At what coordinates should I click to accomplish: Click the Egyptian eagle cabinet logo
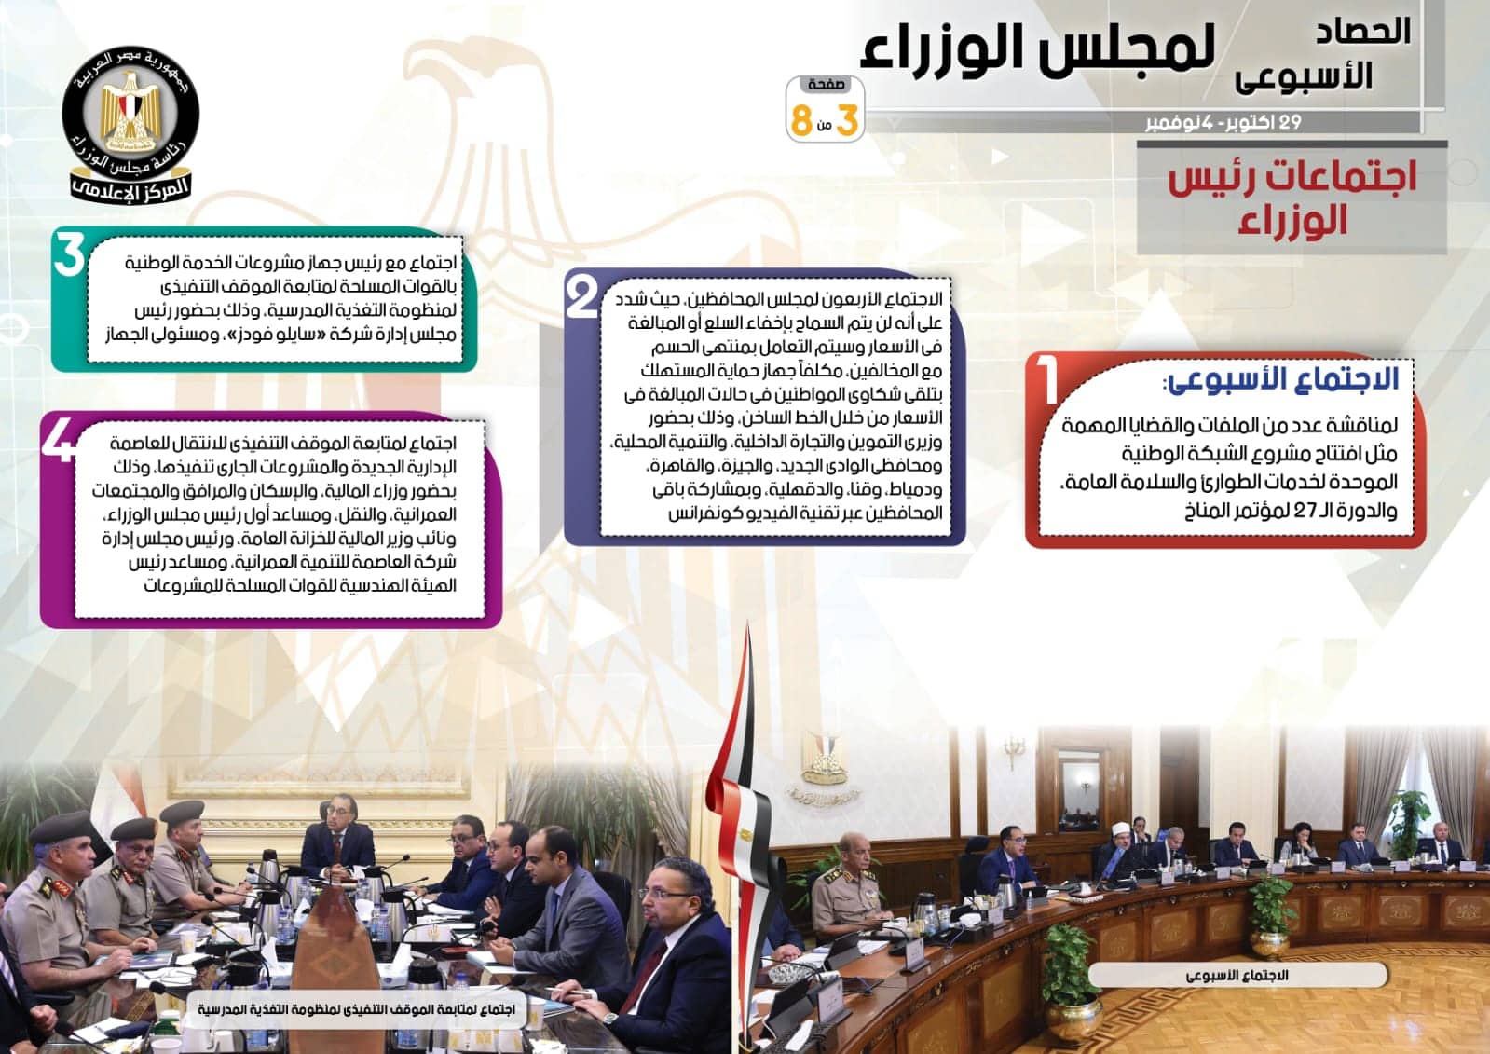[x=131, y=124]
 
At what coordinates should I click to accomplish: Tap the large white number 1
[x=1047, y=380]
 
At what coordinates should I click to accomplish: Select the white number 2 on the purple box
[x=581, y=297]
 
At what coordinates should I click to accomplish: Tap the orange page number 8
[x=801, y=120]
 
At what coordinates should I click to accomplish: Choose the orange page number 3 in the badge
[x=847, y=120]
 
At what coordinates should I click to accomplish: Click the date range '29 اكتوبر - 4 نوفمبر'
[x=1223, y=123]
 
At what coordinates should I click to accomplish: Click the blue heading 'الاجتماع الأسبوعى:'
[x=1279, y=379]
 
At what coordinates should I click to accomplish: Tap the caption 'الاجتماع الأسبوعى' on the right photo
[x=1237, y=976]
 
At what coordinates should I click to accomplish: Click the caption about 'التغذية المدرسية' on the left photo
[x=356, y=1009]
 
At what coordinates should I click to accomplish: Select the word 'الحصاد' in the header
[x=1363, y=31]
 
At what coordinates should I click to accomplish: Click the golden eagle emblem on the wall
[x=824, y=759]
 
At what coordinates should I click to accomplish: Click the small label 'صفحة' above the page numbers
[x=826, y=85]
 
